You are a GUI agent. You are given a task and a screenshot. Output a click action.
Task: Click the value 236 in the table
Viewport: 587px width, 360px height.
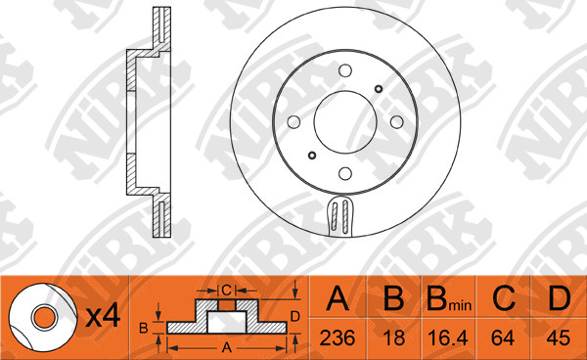coord(338,337)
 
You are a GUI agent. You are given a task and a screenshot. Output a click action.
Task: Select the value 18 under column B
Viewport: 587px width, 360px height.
coord(394,337)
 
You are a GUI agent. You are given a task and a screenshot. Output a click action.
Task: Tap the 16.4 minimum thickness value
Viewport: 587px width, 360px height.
coord(448,337)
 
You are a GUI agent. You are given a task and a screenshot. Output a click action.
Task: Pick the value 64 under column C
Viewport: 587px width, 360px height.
coord(503,337)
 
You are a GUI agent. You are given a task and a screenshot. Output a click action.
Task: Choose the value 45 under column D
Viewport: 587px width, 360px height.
coord(559,337)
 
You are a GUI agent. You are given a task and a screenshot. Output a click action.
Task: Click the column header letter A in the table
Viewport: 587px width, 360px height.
coord(338,298)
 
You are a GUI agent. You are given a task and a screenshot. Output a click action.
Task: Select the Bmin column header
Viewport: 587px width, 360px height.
coord(449,299)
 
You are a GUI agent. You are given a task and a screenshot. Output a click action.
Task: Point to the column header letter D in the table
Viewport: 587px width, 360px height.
coord(560,298)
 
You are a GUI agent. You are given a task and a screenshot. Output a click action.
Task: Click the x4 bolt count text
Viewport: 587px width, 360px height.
coord(104,317)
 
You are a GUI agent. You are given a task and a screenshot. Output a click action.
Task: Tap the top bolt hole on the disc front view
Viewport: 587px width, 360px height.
coord(345,70)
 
